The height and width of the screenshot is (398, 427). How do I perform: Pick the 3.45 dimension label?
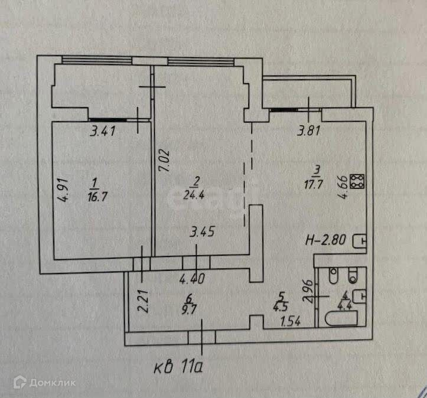pyautogui.click(x=201, y=232)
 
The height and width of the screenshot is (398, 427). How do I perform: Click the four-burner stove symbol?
pyautogui.click(x=357, y=181)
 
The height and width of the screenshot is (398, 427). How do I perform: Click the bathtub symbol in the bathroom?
pyautogui.click(x=341, y=319)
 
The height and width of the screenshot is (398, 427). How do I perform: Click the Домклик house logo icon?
pyautogui.click(x=19, y=383)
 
